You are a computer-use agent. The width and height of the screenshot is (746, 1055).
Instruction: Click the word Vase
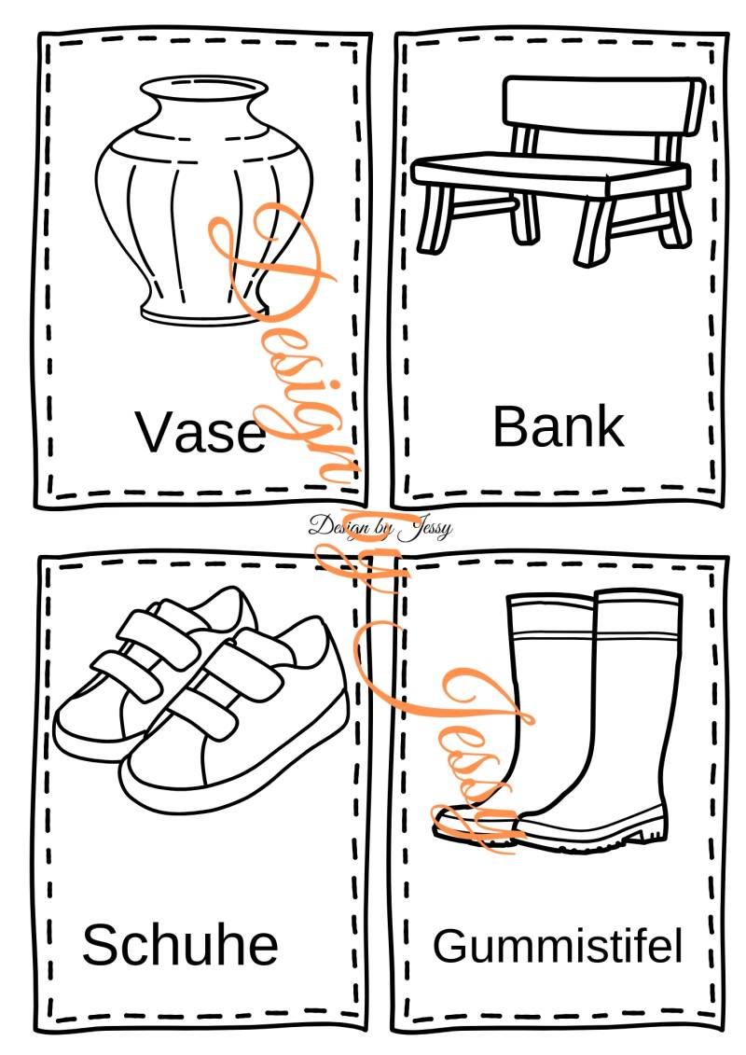200,431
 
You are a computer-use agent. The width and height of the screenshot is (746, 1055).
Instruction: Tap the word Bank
559,426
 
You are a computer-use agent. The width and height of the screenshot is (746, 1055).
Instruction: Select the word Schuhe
180,944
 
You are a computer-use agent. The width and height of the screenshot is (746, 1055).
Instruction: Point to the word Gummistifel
557,945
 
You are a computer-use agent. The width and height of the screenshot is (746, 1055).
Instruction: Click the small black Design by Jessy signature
380,527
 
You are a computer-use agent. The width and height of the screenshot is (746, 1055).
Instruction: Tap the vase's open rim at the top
204,89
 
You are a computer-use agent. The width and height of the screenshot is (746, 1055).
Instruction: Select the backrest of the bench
603,107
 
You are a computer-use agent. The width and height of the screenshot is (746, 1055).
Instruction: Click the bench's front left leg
435,217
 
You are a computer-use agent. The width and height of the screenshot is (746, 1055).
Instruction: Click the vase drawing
204,200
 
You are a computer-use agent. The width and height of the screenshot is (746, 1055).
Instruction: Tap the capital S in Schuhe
100,945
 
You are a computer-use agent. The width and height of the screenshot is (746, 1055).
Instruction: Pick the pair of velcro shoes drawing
200,699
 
